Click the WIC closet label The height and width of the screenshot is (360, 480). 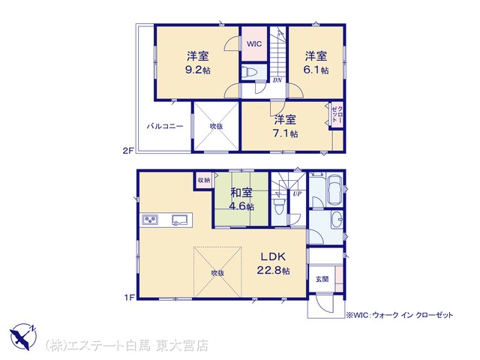tap(254, 43)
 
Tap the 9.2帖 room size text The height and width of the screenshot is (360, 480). tap(198, 70)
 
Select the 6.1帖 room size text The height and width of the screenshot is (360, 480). tap(316, 70)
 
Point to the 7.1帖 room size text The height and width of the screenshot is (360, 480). tap(285, 133)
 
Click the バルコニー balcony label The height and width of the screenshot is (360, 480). tap(165, 126)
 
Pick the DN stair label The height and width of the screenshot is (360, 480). tap(277, 80)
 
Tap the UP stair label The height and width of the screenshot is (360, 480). tap(297, 193)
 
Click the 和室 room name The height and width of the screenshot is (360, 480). tap(241, 193)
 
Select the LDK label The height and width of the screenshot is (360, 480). tap(273, 256)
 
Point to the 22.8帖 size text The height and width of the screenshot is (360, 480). tap(273, 271)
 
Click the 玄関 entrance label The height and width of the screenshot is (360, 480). tap(322, 279)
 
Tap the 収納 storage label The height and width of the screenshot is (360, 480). tap(203, 180)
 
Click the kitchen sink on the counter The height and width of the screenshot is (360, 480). tap(180, 220)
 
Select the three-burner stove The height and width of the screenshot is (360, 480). tap(150, 220)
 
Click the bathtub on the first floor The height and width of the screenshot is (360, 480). tap(334, 189)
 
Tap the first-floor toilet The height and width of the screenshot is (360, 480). tap(278, 207)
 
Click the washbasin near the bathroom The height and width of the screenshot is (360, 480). tap(337, 220)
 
